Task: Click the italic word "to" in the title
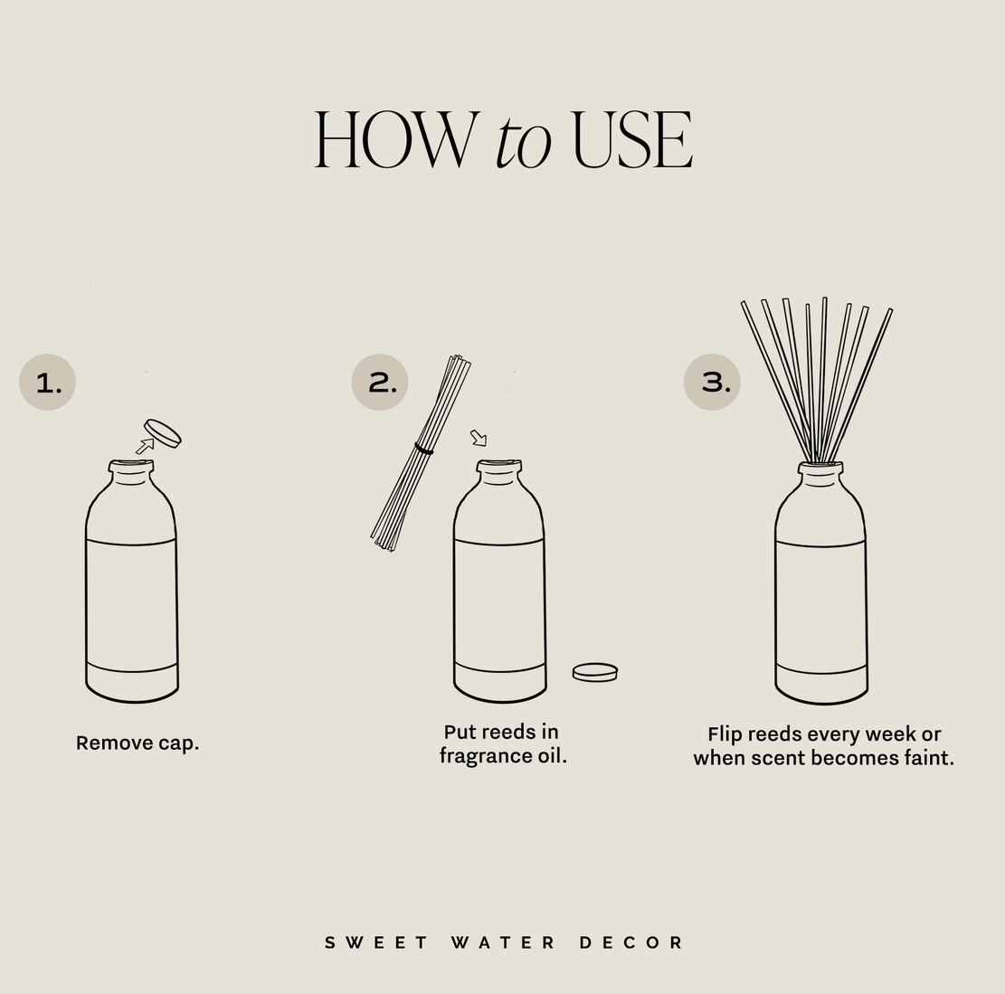coord(523,142)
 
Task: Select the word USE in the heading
coord(632,139)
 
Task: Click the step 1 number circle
coord(47,382)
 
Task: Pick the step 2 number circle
coord(379,382)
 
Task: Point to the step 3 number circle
coord(712,382)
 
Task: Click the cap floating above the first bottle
coord(163,433)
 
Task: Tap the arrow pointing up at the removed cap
coord(145,446)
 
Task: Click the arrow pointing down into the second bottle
coord(479,438)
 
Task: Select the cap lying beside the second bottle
coord(595,672)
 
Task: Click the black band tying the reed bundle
coord(423,450)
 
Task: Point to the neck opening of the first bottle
coord(131,463)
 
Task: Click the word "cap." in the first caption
coord(179,743)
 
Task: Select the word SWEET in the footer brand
coord(376,942)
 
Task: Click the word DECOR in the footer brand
coord(631,942)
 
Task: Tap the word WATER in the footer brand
coord(503,942)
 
